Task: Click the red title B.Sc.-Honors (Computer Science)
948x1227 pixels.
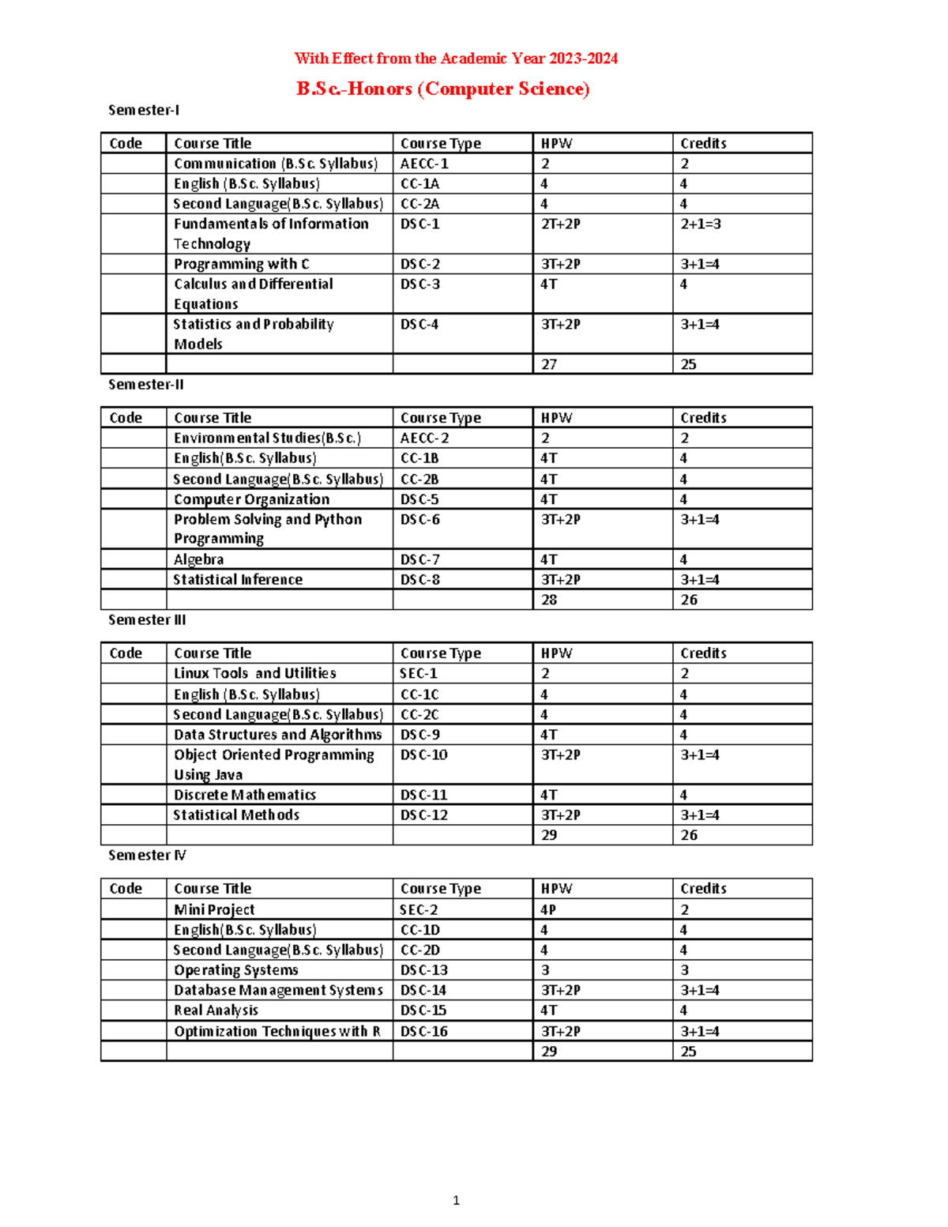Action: click(442, 88)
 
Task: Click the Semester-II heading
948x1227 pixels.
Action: click(146, 385)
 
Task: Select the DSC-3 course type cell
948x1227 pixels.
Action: click(420, 284)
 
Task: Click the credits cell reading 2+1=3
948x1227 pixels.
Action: click(701, 224)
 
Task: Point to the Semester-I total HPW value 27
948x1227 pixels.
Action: click(549, 364)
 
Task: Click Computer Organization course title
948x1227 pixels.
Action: click(251, 499)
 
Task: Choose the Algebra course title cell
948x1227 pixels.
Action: click(199, 559)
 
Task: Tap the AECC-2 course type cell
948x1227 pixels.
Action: click(424, 438)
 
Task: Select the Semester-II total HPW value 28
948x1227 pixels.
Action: click(549, 600)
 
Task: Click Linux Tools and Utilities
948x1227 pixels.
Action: click(254, 673)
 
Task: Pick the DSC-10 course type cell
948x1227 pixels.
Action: click(423, 755)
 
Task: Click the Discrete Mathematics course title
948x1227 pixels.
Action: click(245, 795)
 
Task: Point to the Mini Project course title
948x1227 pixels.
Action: click(214, 909)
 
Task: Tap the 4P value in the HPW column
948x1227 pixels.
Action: click(548, 909)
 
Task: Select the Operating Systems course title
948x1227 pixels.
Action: click(236, 970)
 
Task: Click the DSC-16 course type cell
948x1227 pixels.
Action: click(423, 1031)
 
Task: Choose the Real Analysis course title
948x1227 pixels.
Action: click(216, 1011)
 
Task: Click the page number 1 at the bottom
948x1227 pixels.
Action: click(456, 1200)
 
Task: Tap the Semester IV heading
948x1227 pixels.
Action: click(147, 856)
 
